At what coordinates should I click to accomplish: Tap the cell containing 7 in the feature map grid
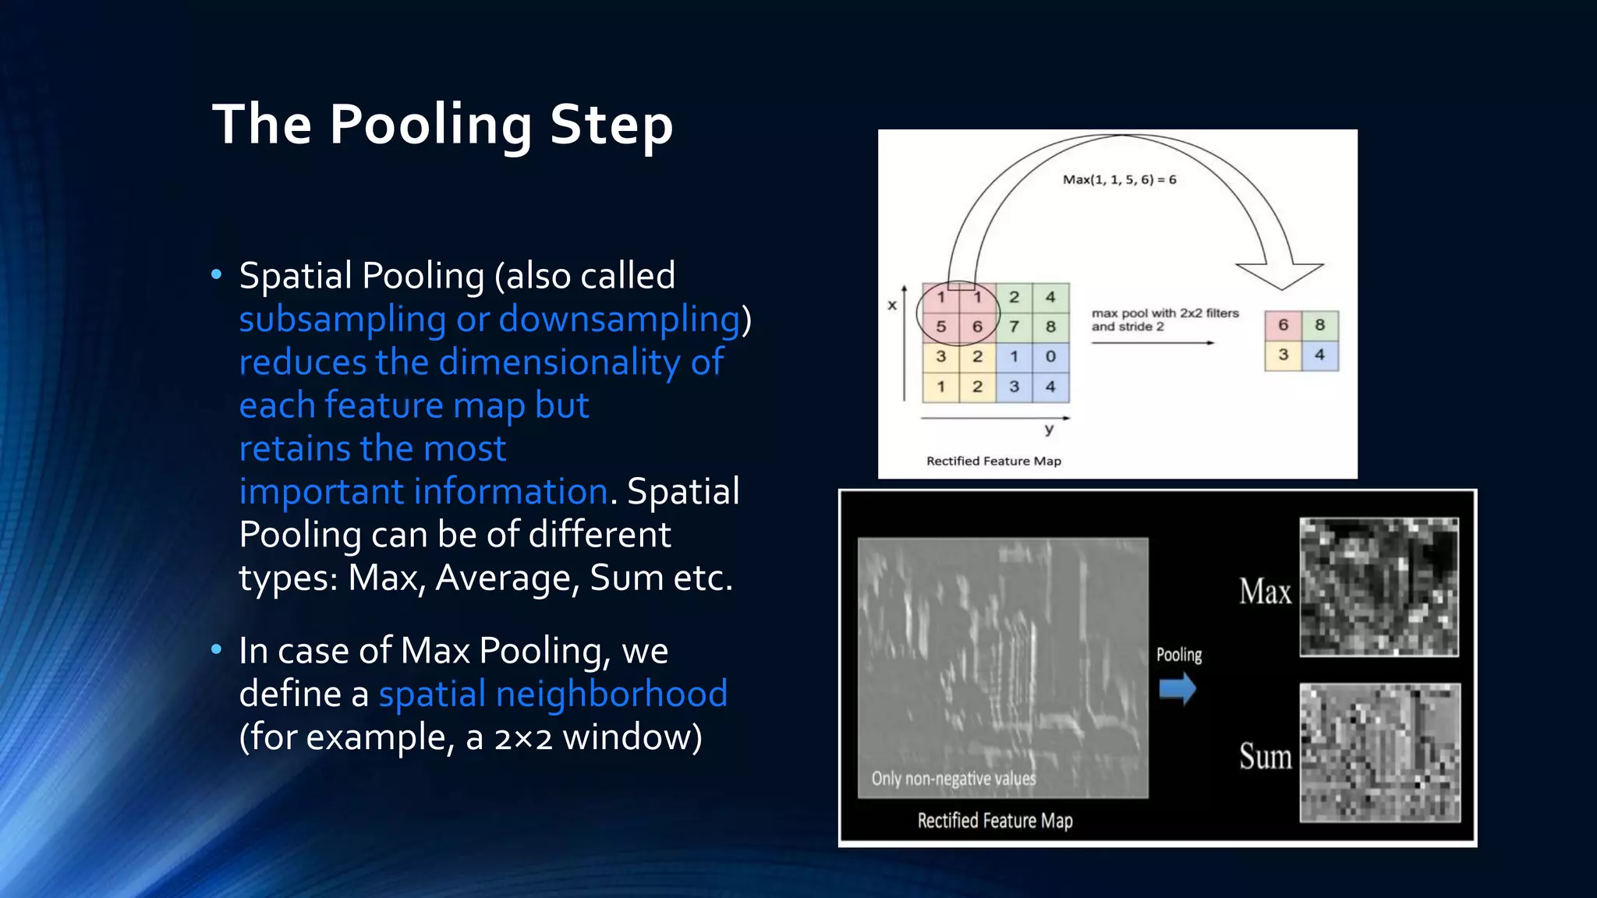tap(1014, 327)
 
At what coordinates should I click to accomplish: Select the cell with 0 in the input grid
tap(1050, 356)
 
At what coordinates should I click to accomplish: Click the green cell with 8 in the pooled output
tap(1319, 324)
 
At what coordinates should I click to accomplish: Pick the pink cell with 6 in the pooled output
tap(1283, 324)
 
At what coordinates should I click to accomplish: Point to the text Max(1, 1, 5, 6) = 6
tap(1119, 179)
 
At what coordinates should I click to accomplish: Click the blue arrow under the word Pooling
tap(1177, 689)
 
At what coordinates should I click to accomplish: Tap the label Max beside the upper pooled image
tap(1265, 592)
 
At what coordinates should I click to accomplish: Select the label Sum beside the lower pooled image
tap(1265, 757)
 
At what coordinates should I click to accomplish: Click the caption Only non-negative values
tap(953, 778)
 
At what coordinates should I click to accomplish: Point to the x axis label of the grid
tap(892, 305)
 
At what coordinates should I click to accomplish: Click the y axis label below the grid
tap(1049, 429)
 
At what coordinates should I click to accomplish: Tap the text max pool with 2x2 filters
tap(1164, 313)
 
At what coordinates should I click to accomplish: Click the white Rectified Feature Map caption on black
tap(994, 820)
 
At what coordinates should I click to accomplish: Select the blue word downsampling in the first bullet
tap(619, 319)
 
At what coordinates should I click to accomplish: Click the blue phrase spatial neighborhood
tap(553, 693)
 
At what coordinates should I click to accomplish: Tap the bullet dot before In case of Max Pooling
tap(217, 649)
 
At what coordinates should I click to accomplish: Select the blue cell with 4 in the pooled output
tap(1319, 355)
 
